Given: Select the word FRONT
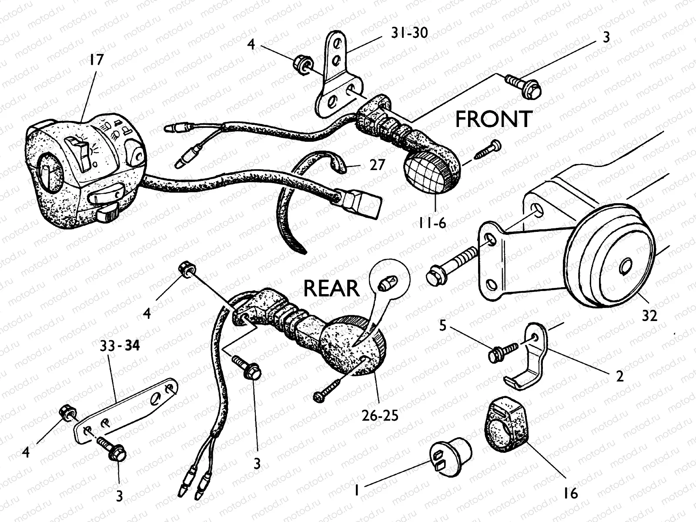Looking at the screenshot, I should click(x=494, y=119).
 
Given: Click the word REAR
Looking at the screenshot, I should click(x=331, y=288).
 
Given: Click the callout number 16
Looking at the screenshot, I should click(x=571, y=493).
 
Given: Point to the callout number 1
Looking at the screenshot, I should click(x=357, y=490).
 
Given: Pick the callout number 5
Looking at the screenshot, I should click(x=443, y=325).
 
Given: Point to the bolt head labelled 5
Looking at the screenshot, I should click(x=494, y=355).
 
